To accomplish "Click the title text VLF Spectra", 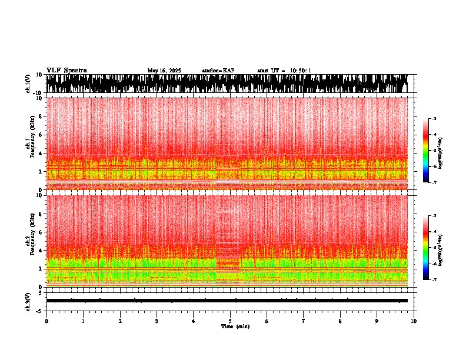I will point(66,71).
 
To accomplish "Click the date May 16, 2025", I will point(164,71).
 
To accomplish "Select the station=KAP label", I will point(218,71).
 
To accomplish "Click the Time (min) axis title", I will point(235,326).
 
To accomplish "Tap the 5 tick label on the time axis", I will point(230,321).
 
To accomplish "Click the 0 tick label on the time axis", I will point(46,321).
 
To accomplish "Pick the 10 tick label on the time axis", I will point(414,321).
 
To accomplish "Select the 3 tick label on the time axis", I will point(157,321).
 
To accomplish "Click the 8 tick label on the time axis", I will point(340,321).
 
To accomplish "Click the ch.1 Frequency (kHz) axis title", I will point(29,144).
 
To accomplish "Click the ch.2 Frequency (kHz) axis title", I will point(29,241).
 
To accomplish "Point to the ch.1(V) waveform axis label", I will point(28,84).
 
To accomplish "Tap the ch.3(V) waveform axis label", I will point(28,301).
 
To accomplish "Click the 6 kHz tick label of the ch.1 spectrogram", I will point(41,135).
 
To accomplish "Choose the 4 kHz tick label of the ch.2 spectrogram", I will point(41,250).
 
